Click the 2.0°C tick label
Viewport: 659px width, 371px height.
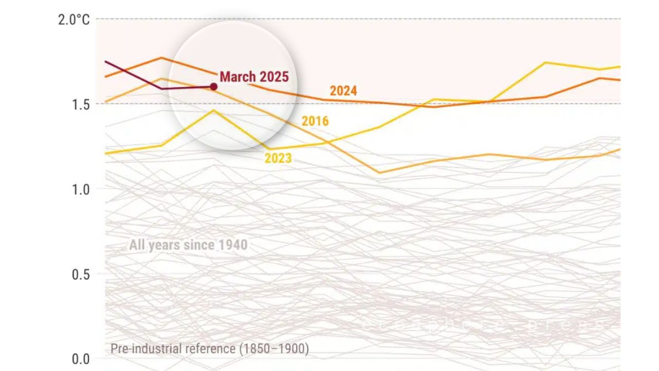point(74,20)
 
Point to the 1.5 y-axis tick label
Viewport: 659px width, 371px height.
point(80,104)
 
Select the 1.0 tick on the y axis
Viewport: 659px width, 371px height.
point(80,189)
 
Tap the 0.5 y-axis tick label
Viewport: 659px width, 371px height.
point(80,274)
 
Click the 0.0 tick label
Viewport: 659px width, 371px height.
point(80,359)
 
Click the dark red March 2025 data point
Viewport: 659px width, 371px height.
point(213,87)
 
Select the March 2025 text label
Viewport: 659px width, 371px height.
point(254,77)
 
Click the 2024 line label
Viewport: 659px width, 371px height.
point(343,91)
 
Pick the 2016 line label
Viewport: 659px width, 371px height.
point(315,121)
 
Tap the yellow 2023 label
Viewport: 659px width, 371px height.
point(278,158)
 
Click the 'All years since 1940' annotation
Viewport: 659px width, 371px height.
point(188,245)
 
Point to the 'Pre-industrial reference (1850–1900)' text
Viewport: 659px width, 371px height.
point(210,349)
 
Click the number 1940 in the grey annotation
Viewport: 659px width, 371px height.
point(233,245)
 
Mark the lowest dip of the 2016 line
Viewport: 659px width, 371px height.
point(379,173)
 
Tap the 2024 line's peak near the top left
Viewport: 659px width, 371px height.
point(161,58)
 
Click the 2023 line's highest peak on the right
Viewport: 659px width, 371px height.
point(545,63)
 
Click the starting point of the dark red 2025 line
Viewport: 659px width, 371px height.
point(106,61)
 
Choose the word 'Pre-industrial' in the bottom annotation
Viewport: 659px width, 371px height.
point(142,349)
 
